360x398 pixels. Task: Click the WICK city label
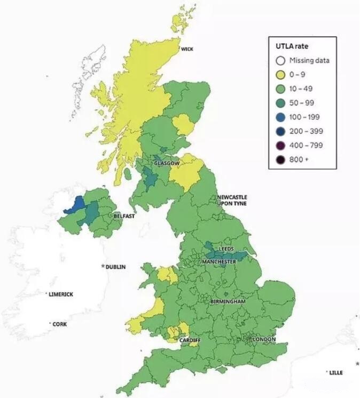click(187, 49)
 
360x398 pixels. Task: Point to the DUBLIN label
click(115, 267)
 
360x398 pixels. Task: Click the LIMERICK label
click(61, 294)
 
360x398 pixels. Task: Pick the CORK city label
click(60, 324)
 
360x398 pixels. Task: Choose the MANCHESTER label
click(219, 262)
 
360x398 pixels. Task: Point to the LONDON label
click(264, 339)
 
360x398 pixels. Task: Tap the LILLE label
click(336, 372)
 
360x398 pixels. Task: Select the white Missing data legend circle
click(280, 60)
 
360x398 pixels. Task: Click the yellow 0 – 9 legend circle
click(280, 75)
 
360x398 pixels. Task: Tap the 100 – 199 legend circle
click(280, 117)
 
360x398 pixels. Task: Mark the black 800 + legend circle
click(280, 159)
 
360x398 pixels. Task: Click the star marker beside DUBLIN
click(103, 266)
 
